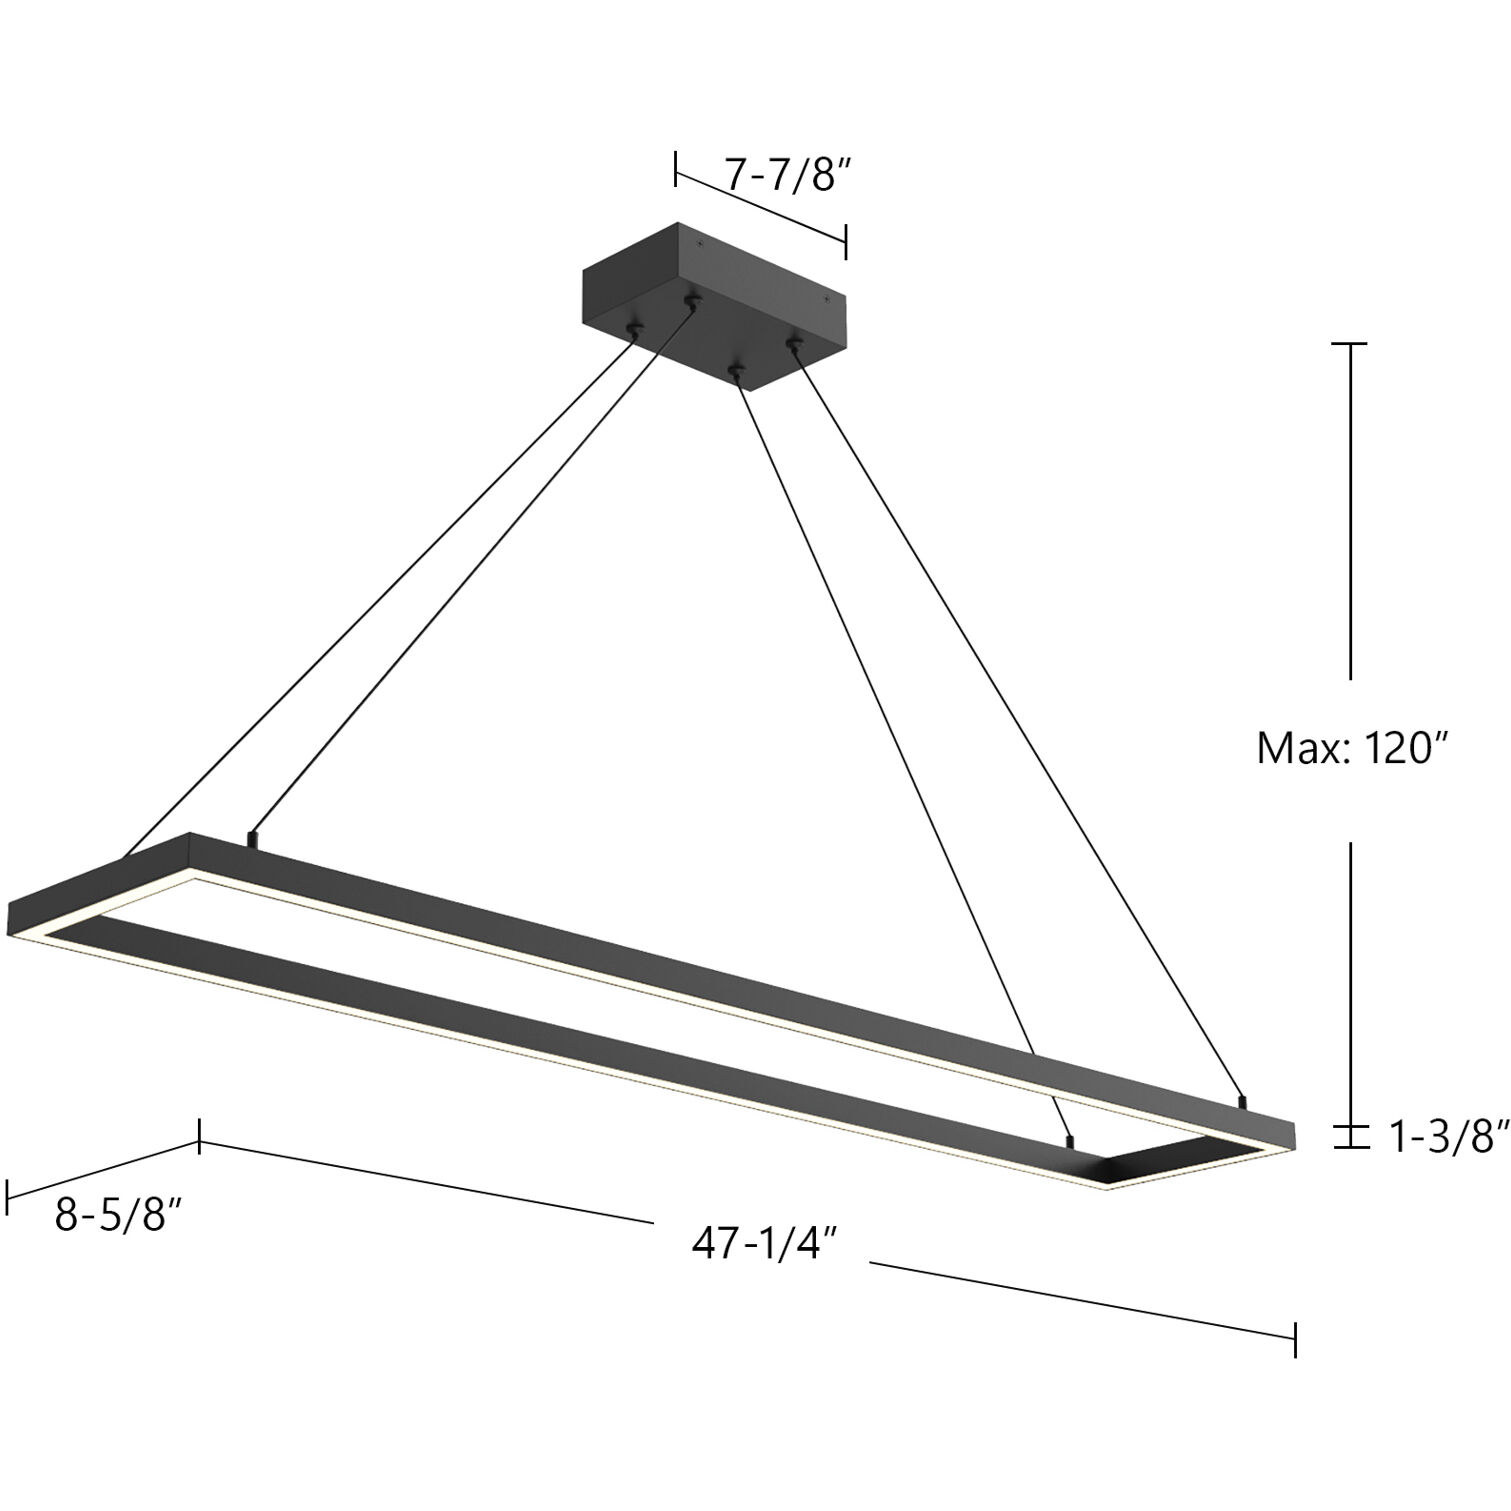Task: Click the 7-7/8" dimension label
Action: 786,175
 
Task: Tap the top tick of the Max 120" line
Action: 1352,343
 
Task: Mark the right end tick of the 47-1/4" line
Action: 1295,1338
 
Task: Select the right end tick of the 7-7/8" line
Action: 846,241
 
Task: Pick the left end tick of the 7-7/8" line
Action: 676,169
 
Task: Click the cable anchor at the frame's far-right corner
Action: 1242,1103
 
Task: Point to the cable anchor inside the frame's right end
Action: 1071,1139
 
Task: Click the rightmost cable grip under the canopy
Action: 794,345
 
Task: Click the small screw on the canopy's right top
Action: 825,299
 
